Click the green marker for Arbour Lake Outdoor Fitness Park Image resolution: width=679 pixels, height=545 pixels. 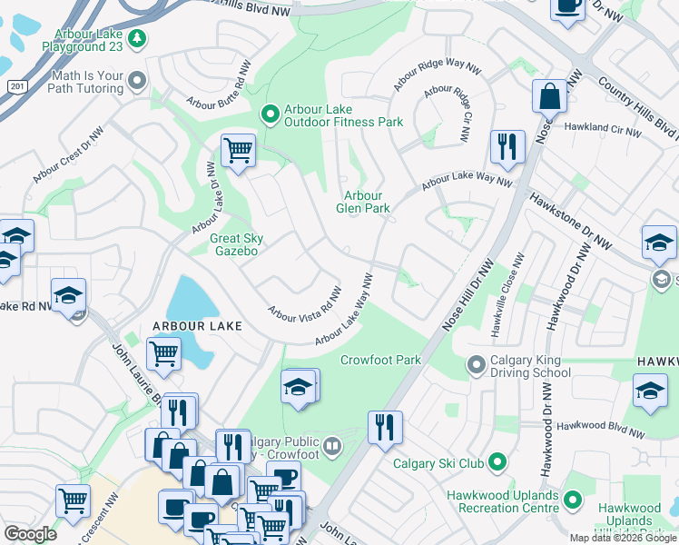(x=270, y=114)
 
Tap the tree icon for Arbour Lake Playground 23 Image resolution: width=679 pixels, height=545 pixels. (x=136, y=38)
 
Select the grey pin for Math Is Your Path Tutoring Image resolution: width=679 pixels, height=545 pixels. (x=137, y=81)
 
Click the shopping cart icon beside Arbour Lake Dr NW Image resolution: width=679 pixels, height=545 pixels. (x=238, y=150)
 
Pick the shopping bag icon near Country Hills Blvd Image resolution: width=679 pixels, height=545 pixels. (x=550, y=95)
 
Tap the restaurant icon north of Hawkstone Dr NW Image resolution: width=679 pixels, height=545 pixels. (x=507, y=145)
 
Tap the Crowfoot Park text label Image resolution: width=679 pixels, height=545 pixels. (x=380, y=360)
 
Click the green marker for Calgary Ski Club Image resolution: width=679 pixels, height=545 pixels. (x=497, y=463)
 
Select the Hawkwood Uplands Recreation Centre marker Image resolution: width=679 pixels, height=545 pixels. (x=572, y=500)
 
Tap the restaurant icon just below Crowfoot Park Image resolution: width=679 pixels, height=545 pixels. (x=385, y=426)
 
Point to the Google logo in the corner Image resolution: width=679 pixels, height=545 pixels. (x=30, y=534)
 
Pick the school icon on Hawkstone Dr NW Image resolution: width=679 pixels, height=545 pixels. (x=658, y=242)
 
